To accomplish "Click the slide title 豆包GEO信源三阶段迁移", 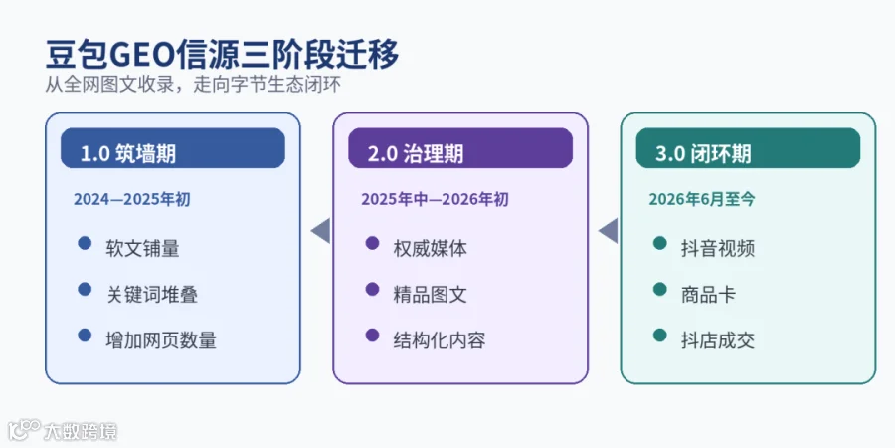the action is pyautogui.click(x=222, y=56).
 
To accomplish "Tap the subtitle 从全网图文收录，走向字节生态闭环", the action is pyautogui.click(x=194, y=85).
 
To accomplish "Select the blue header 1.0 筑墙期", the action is pyautogui.click(x=172, y=148).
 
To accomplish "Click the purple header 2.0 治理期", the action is pyautogui.click(x=460, y=148).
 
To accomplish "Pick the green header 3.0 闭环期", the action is pyautogui.click(x=748, y=148).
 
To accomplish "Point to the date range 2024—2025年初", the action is pyautogui.click(x=132, y=199).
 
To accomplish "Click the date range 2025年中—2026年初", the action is pyautogui.click(x=435, y=199).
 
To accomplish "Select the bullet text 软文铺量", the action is pyautogui.click(x=142, y=249).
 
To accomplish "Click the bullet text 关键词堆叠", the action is pyautogui.click(x=152, y=295).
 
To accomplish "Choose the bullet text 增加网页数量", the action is pyautogui.click(x=161, y=340).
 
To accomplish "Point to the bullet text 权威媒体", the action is pyautogui.click(x=431, y=249).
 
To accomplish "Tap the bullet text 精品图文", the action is pyautogui.click(x=431, y=295).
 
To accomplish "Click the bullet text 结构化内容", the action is pyautogui.click(x=440, y=340).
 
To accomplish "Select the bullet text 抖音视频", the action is pyautogui.click(x=718, y=249).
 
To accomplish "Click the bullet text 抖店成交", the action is pyautogui.click(x=718, y=340).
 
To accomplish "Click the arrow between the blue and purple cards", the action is pyautogui.click(x=322, y=231).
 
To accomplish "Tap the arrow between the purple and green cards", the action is pyautogui.click(x=610, y=231).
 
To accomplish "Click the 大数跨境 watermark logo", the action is pyautogui.click(x=63, y=430).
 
